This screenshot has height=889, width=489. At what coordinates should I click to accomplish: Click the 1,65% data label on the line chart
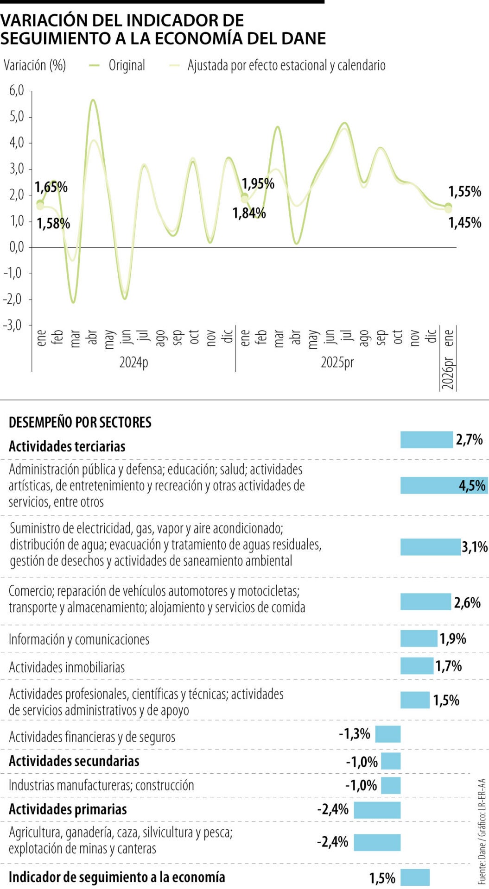coord(51,188)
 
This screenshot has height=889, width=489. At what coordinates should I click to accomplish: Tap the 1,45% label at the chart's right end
coord(464,223)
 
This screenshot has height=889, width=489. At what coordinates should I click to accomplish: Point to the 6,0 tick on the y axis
coord(17,90)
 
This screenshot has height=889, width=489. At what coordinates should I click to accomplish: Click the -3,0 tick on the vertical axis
coord(14,325)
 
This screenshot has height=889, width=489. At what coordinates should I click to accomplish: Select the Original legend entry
coord(126,65)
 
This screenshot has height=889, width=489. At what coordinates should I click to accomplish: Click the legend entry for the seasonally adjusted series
coord(286,65)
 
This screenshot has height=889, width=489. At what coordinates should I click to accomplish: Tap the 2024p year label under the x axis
coord(133,362)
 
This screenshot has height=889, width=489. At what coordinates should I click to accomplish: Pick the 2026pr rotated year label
coord(448,373)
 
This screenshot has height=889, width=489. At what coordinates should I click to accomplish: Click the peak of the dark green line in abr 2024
coord(93,100)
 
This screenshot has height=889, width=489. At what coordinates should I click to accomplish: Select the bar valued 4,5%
coord(444,485)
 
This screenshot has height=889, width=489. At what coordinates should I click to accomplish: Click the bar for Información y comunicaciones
coord(419,639)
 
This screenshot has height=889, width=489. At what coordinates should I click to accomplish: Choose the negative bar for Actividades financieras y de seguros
coord(387,734)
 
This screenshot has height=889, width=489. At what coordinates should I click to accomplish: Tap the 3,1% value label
coord(474,547)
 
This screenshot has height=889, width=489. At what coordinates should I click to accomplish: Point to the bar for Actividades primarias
coord(377,810)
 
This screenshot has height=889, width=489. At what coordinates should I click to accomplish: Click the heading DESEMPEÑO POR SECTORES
coord(80,422)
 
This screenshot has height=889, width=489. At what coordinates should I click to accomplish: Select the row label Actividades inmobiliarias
coord(67,667)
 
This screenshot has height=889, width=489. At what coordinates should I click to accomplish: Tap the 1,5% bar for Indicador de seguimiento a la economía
coord(415,877)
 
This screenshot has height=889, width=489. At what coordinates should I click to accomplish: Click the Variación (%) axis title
coord(35,65)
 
